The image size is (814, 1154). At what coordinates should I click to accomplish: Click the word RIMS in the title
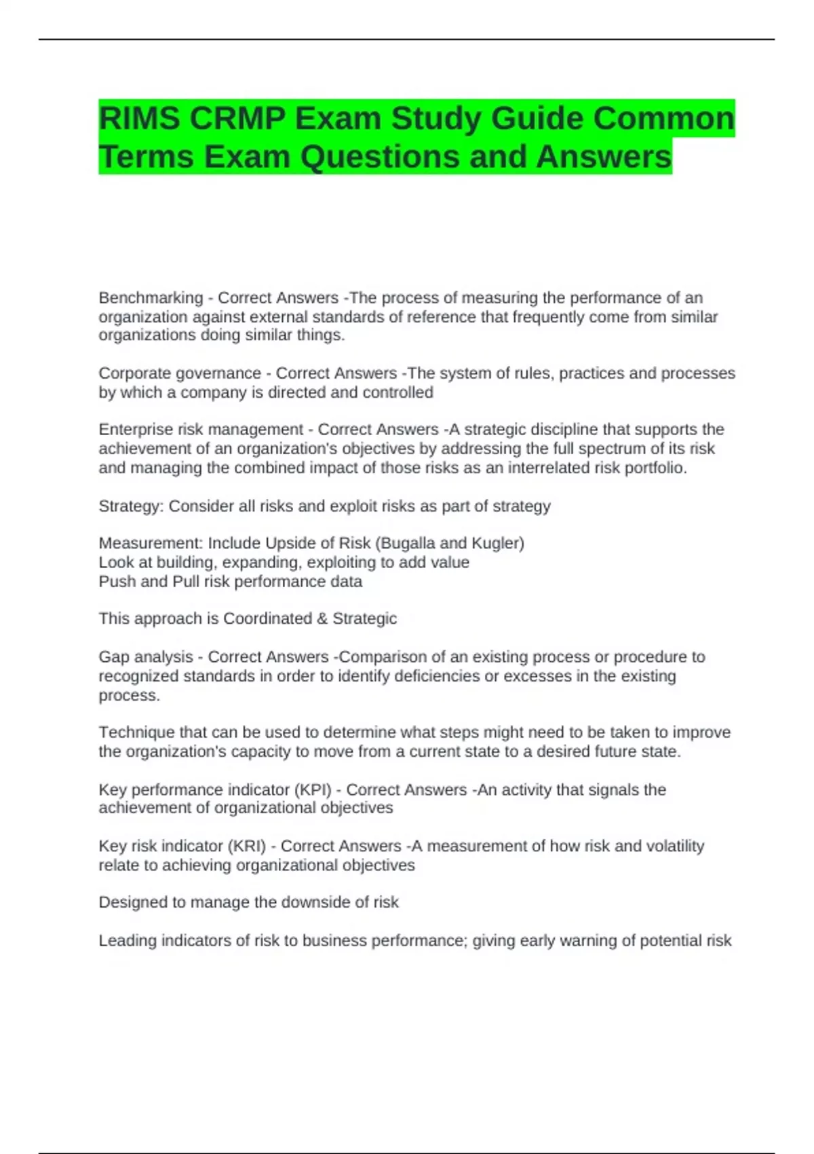click(139, 119)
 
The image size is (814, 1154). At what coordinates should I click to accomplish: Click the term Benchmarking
click(151, 298)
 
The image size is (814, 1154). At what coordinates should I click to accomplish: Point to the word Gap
click(112, 657)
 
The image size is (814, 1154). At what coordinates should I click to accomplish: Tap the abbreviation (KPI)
click(313, 789)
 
